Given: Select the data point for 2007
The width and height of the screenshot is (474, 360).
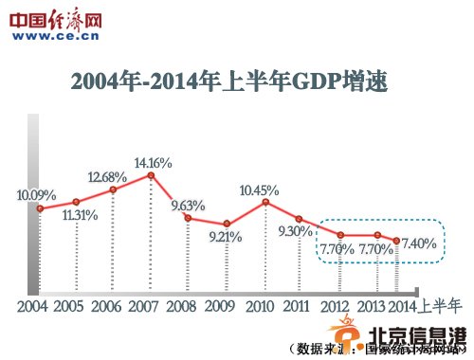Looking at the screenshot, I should tap(150, 175).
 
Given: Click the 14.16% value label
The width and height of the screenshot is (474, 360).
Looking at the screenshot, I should tap(153, 163).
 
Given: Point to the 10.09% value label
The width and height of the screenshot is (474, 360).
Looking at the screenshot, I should tap(36, 195).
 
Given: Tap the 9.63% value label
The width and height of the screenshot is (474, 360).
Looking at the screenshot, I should tap(188, 205).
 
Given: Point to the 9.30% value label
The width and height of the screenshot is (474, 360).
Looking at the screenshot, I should tap(296, 231).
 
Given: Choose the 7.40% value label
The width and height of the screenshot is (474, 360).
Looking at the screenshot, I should tap(418, 243).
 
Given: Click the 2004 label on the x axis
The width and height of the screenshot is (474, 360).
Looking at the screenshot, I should tap(31, 306).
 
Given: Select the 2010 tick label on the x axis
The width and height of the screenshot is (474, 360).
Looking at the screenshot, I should tap(258, 306).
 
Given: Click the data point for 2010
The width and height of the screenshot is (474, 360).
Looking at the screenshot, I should tap(265, 202).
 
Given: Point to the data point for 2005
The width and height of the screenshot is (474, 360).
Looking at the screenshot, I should tap(76, 202).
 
